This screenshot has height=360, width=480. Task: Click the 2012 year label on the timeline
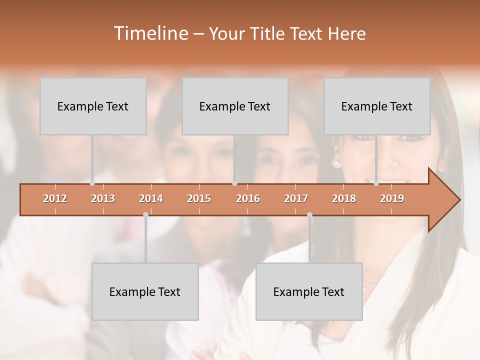point(55,198)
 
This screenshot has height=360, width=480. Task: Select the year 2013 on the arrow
point(103,198)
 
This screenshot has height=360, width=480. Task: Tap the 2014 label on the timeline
point(151,198)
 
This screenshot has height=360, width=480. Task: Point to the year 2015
point(199,198)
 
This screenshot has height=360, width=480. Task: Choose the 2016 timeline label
point(248,198)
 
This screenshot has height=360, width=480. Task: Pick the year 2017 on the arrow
point(296,198)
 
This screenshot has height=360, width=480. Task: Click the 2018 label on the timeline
point(344,198)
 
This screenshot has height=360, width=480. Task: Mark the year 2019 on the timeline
point(392,198)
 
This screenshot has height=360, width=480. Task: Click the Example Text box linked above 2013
point(93,106)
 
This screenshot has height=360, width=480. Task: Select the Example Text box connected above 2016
point(235,106)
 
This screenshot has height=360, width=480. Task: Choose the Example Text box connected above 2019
point(377,106)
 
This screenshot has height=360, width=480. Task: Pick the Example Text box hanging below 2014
point(145,291)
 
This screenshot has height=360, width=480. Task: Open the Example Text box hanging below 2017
point(309,291)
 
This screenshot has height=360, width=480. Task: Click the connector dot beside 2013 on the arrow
point(92,183)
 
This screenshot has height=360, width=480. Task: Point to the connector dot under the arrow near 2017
point(309,215)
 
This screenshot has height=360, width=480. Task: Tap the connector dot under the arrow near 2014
point(145,215)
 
